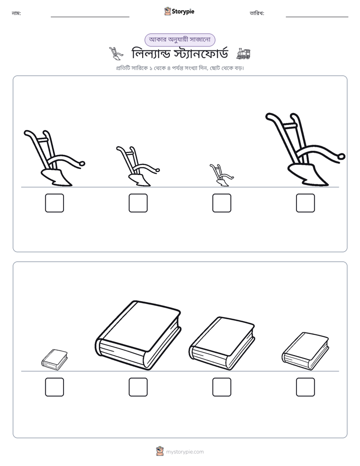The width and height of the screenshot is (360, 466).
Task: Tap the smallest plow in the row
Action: pyautogui.click(x=221, y=175)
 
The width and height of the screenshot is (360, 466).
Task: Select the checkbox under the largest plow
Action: pyautogui.click(x=305, y=203)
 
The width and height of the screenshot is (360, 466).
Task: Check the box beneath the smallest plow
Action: pyautogui.click(x=221, y=203)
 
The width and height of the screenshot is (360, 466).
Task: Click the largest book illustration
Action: pyautogui.click(x=139, y=335)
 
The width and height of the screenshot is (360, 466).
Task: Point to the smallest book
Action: pyautogui.click(x=54, y=360)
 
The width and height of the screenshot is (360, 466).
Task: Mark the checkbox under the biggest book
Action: pyautogui.click(x=138, y=387)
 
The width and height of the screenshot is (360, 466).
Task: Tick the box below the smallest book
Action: pyautogui.click(x=54, y=387)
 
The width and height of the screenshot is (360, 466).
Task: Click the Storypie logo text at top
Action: pyautogui.click(x=183, y=12)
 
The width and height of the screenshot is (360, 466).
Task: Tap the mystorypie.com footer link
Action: pyautogui.click(x=185, y=452)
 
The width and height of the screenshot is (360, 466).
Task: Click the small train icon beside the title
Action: pyautogui.click(x=243, y=54)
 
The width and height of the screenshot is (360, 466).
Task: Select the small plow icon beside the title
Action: pyautogui.click(x=116, y=53)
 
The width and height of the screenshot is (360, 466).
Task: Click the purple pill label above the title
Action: pyautogui.click(x=179, y=40)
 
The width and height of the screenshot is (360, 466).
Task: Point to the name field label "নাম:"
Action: pyautogui.click(x=16, y=14)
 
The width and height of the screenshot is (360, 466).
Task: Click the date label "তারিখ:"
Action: pyautogui.click(x=257, y=14)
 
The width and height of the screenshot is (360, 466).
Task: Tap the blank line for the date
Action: pyautogui.click(x=317, y=17)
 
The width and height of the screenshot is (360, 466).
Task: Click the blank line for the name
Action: pyautogui.click(x=90, y=17)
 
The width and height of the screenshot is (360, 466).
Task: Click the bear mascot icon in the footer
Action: pyautogui.click(x=160, y=451)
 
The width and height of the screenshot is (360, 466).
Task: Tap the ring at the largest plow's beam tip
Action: pyautogui.click(x=342, y=156)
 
